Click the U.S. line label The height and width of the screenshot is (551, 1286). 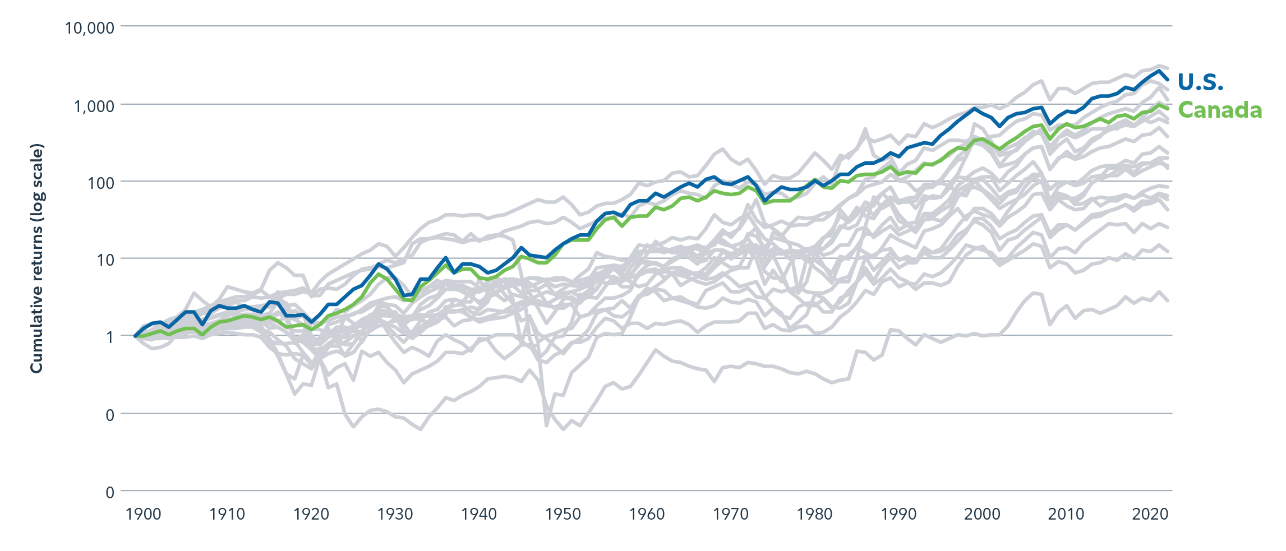tap(1200, 82)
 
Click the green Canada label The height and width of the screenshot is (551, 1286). tap(1219, 110)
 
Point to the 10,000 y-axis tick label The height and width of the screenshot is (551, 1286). tap(90, 27)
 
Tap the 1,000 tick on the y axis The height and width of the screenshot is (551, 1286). tap(94, 105)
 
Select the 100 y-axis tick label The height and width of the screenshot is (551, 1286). tap(101, 183)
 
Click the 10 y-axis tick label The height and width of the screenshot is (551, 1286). tap(105, 260)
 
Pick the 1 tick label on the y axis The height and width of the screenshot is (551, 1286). tap(110, 337)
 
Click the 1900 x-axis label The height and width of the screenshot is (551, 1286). tap(143, 515)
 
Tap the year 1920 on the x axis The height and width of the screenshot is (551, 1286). tap(311, 515)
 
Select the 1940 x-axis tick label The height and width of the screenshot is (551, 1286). tap(478, 515)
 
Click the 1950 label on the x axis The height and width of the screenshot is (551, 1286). tap(563, 515)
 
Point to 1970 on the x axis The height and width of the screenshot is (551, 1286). tap(730, 515)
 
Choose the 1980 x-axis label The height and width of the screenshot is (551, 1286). tap(814, 515)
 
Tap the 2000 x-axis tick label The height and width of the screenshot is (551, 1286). tap(982, 515)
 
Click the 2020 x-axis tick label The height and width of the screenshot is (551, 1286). tap(1150, 515)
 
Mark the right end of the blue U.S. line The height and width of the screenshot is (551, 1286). tap(1168, 80)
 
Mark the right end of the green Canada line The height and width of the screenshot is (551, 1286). tap(1168, 109)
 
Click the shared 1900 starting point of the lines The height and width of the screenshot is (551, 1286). tap(135, 336)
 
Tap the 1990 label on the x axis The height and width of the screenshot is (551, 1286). tap(898, 515)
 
